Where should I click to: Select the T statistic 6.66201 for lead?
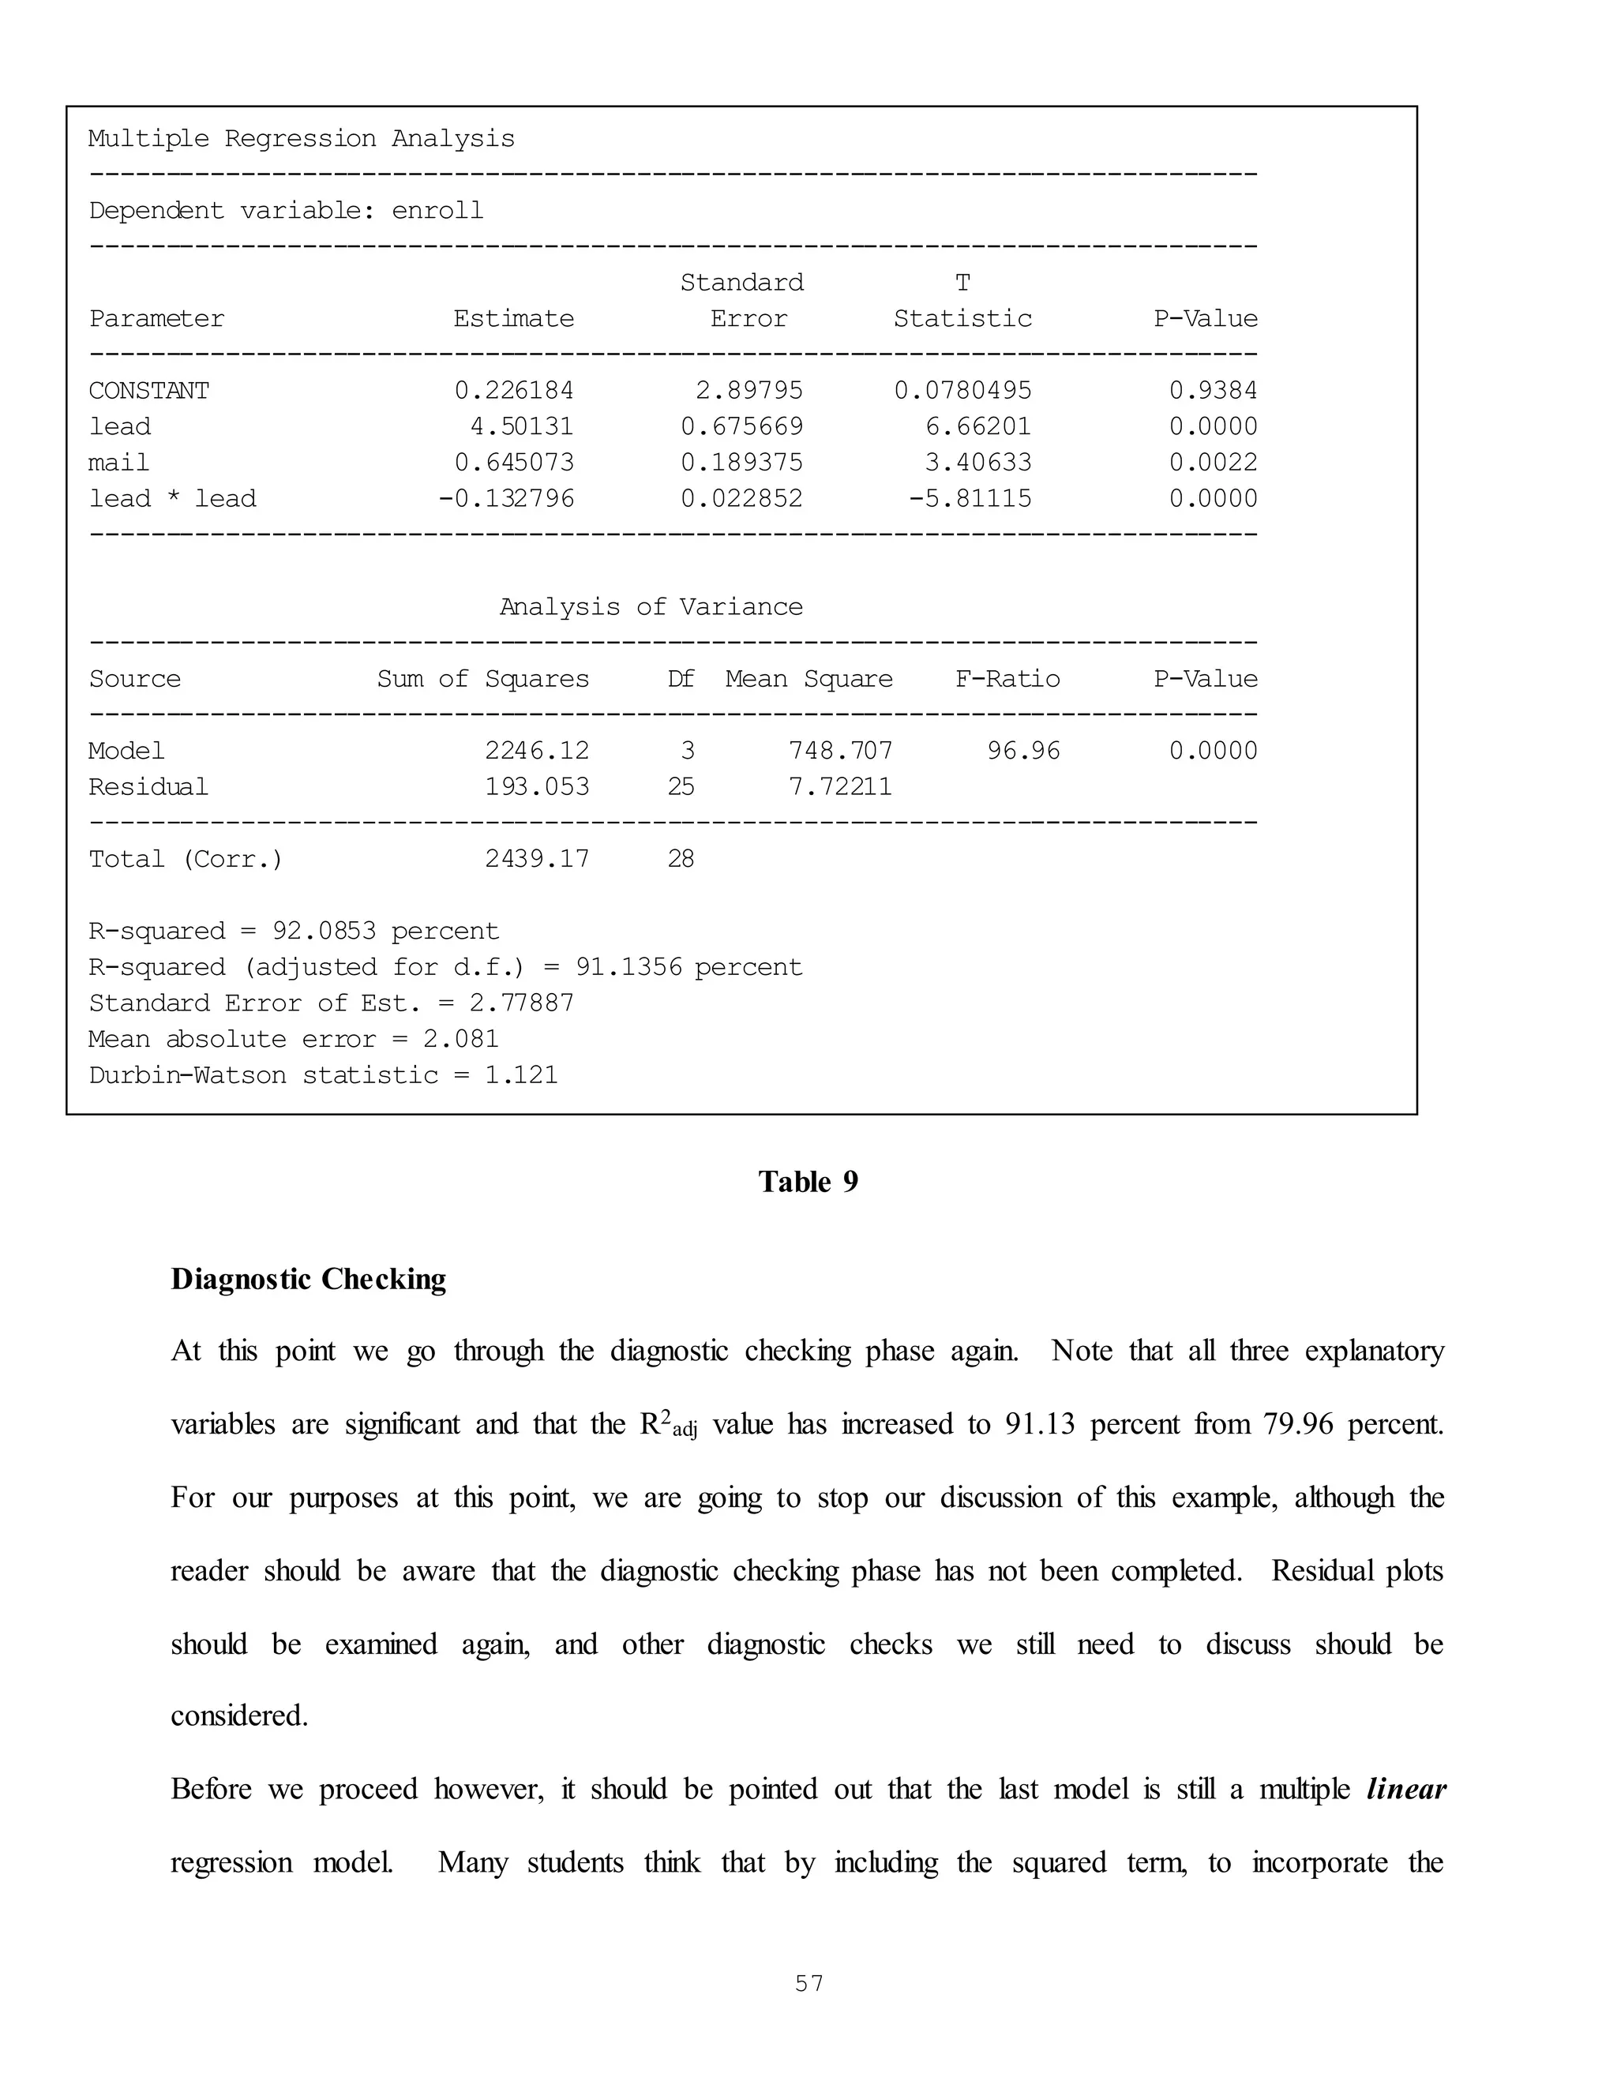[x=978, y=426]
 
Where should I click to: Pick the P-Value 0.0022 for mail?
[x=1213, y=463]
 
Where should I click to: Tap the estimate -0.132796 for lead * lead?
[x=506, y=498]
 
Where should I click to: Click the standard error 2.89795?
[x=749, y=391]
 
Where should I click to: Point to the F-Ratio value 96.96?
[x=1024, y=751]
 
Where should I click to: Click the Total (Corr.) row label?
[x=186, y=859]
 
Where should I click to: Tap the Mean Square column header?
[x=808, y=679]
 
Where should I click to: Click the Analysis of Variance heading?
[x=651, y=607]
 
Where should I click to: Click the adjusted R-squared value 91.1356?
[x=628, y=968]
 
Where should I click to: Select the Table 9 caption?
[x=808, y=1182]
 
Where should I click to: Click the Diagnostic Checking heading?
[x=309, y=1280]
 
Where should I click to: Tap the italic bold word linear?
[x=1405, y=1790]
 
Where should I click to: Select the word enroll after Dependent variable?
[x=437, y=211]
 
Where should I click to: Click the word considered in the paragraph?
[x=239, y=1715]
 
